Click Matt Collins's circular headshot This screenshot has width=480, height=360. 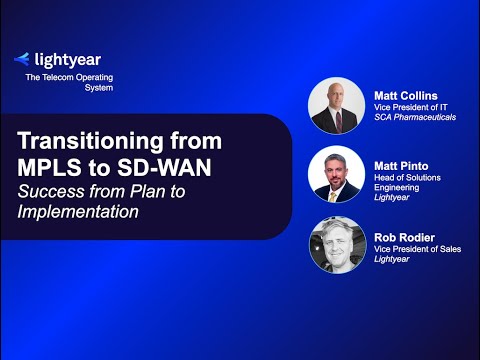tap(337, 106)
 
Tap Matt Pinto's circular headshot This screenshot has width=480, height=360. tap(337, 175)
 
